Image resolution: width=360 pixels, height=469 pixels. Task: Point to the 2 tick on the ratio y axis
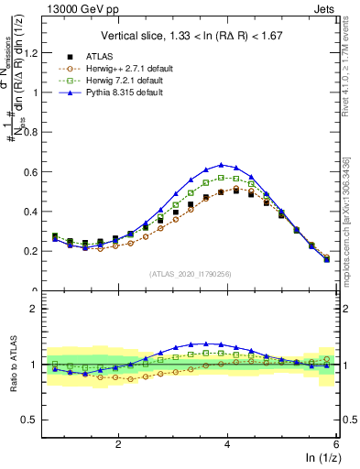point(40,310)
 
